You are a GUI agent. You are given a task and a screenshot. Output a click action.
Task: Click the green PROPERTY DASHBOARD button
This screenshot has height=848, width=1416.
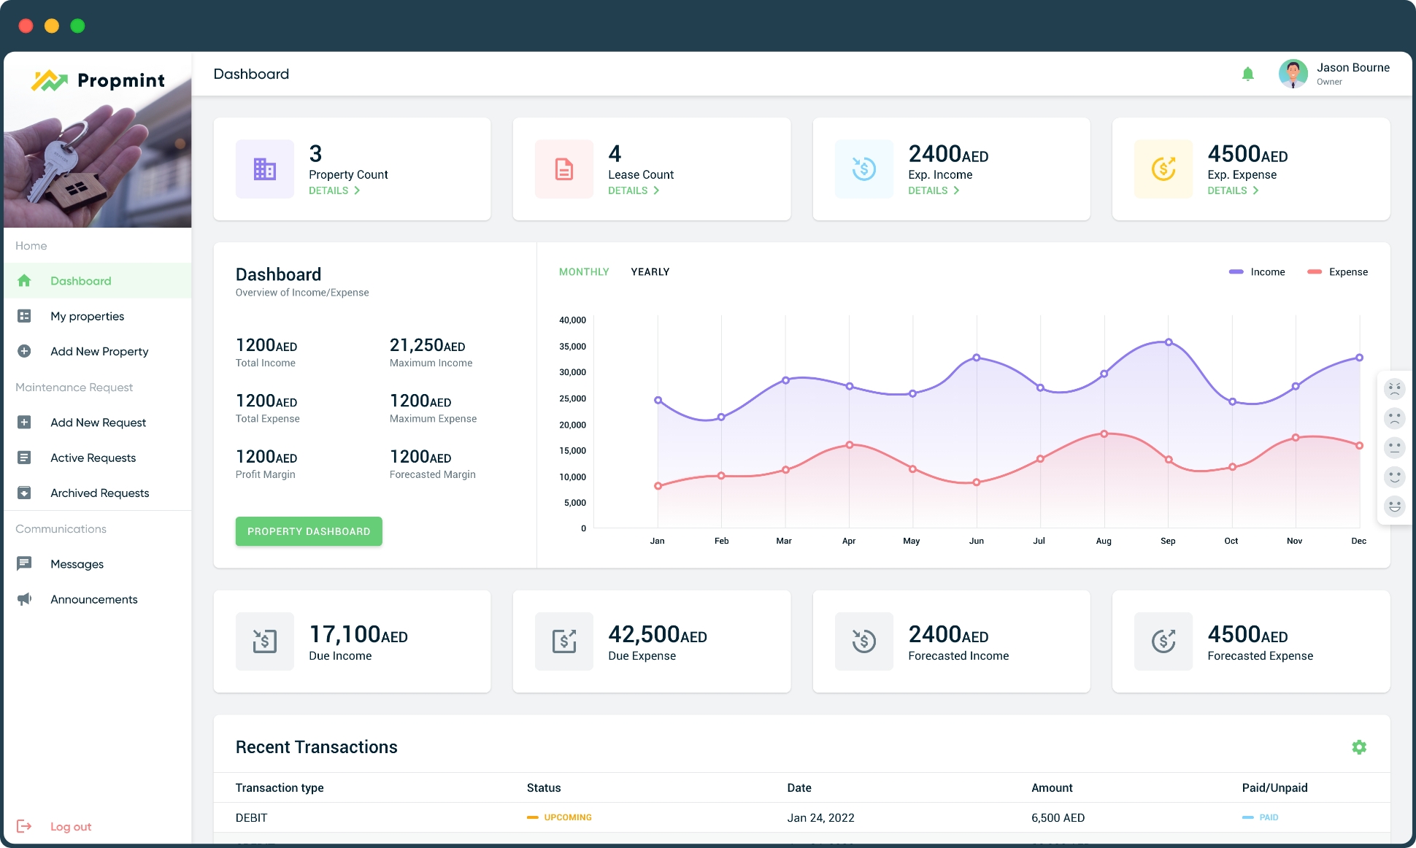[x=309, y=531]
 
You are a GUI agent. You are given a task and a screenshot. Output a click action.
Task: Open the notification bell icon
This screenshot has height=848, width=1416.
[x=1248, y=74]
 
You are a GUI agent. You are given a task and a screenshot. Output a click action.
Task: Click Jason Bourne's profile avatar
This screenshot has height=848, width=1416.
[x=1293, y=74]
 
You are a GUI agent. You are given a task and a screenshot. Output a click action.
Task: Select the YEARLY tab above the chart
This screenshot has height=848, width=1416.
[x=650, y=272]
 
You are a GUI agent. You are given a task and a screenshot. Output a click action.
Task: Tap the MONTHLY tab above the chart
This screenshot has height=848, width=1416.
[x=584, y=272]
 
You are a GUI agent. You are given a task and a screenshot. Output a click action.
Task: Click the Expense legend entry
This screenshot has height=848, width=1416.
[x=1339, y=272]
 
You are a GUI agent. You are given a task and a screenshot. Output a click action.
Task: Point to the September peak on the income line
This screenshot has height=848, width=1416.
[x=1169, y=342]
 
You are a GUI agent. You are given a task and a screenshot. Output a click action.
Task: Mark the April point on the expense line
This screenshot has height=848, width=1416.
[x=850, y=444]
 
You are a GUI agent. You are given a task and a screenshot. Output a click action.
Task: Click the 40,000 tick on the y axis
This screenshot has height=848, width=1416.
[x=573, y=320]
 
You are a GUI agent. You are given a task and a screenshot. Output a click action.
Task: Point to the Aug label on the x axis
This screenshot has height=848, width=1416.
[x=1104, y=541]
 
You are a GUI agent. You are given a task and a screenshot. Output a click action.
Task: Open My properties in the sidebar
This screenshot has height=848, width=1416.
[x=87, y=316]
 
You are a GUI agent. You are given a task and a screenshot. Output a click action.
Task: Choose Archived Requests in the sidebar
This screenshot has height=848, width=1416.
[x=99, y=493]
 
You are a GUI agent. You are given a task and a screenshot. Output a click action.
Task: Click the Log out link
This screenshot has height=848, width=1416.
[x=70, y=827]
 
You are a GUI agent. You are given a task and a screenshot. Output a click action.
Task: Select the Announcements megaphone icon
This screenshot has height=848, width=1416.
[x=24, y=599]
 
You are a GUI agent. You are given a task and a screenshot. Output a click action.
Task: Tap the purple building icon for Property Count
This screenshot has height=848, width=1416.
[x=264, y=169]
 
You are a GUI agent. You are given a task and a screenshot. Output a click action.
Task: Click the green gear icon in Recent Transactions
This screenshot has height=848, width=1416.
[x=1359, y=747]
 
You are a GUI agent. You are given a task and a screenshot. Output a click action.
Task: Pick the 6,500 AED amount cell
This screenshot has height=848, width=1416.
[x=1058, y=818]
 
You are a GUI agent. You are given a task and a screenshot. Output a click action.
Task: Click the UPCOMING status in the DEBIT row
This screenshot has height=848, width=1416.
[x=567, y=817]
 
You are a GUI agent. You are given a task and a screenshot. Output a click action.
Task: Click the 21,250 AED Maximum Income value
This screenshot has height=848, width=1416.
[x=427, y=345]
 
